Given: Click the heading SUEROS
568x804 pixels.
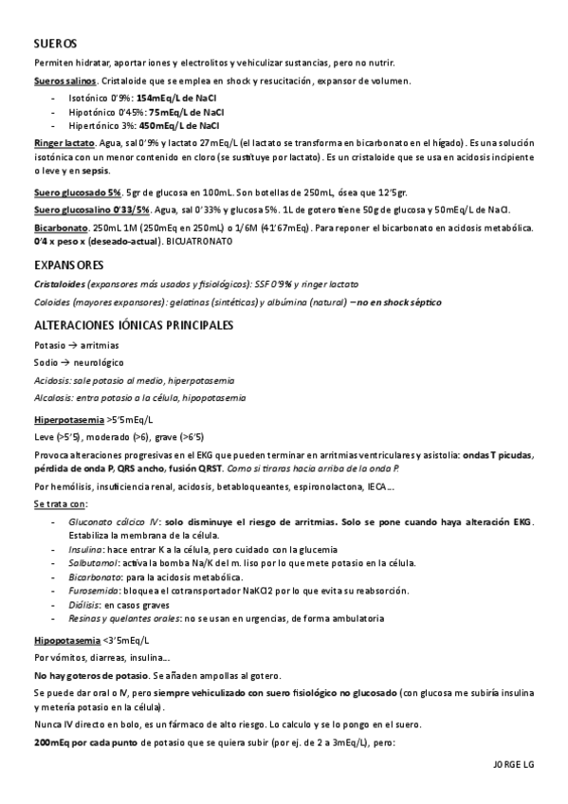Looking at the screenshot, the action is point(55,45).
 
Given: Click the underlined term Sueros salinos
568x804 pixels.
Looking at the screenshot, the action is point(63,81).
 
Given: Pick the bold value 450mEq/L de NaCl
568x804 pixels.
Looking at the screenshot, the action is point(179,124).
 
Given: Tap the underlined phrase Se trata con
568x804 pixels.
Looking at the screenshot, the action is point(59,503).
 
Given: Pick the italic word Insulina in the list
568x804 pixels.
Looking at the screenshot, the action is point(85,549).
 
